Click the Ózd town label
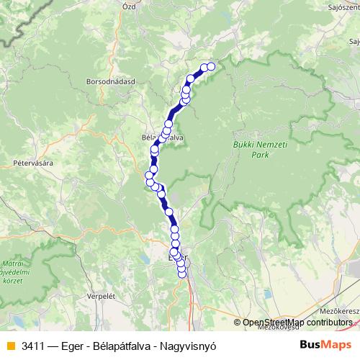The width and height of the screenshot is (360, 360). click(150, 6)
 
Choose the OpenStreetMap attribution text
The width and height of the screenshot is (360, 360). click(294, 323)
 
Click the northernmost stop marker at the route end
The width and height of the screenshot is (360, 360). click(211, 66)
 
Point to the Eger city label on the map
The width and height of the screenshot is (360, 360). click(176, 257)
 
